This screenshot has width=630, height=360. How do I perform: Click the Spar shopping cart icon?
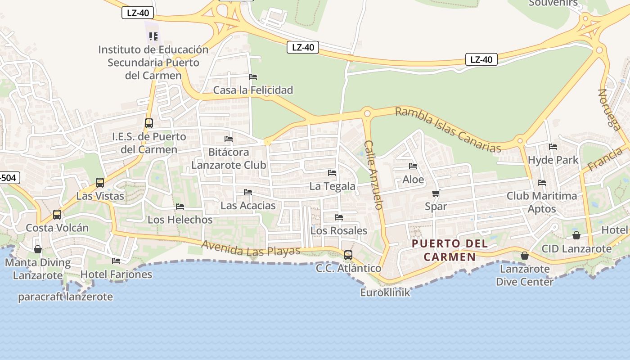(x=435, y=193)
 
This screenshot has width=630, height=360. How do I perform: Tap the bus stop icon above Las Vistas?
(x=100, y=183)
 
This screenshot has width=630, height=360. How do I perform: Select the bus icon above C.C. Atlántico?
(x=348, y=255)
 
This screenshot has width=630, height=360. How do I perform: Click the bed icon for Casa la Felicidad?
(x=253, y=77)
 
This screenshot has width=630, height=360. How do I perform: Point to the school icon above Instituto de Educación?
(x=153, y=36)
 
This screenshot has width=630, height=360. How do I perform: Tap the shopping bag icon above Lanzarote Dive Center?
(x=524, y=256)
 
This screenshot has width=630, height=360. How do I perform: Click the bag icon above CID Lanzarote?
(x=576, y=235)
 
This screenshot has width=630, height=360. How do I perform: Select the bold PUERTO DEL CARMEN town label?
(x=450, y=250)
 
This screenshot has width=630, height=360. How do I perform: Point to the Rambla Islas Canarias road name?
(x=448, y=130)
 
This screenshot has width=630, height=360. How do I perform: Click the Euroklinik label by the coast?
(x=385, y=292)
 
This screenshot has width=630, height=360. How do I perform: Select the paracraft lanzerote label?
(x=65, y=297)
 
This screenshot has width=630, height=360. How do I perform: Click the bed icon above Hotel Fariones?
(x=116, y=261)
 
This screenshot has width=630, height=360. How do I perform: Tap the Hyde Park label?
(x=553, y=160)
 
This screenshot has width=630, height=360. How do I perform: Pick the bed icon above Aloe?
(x=413, y=166)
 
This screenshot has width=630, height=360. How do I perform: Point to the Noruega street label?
(x=609, y=109)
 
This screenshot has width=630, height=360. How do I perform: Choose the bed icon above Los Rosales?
(x=339, y=217)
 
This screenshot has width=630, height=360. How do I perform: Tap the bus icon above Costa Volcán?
(x=57, y=214)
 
